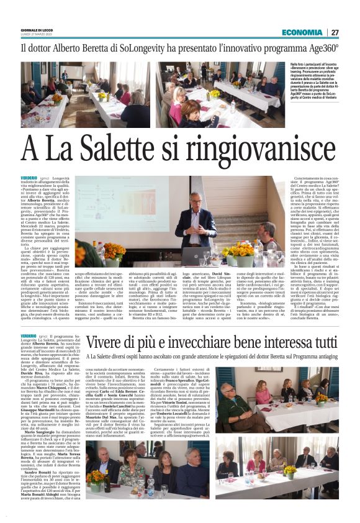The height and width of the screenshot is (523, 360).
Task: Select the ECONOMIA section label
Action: click(302, 32)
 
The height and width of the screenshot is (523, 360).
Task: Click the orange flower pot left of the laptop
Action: click(113, 252)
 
